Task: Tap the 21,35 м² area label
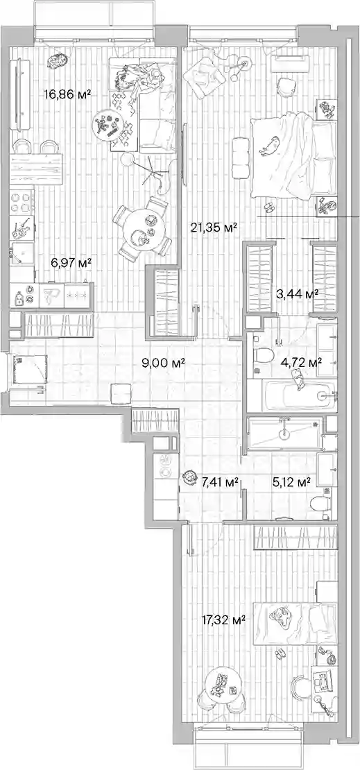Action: click(214, 227)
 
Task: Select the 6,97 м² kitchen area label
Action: click(71, 264)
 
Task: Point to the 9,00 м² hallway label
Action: click(163, 363)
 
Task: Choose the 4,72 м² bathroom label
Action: click(301, 363)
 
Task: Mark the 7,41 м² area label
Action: click(221, 482)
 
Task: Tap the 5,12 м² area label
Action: click(291, 482)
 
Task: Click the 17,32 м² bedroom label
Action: click(224, 620)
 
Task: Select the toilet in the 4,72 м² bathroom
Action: click(263, 355)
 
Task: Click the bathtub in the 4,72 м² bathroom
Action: click(292, 396)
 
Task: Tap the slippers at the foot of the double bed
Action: click(269, 207)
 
